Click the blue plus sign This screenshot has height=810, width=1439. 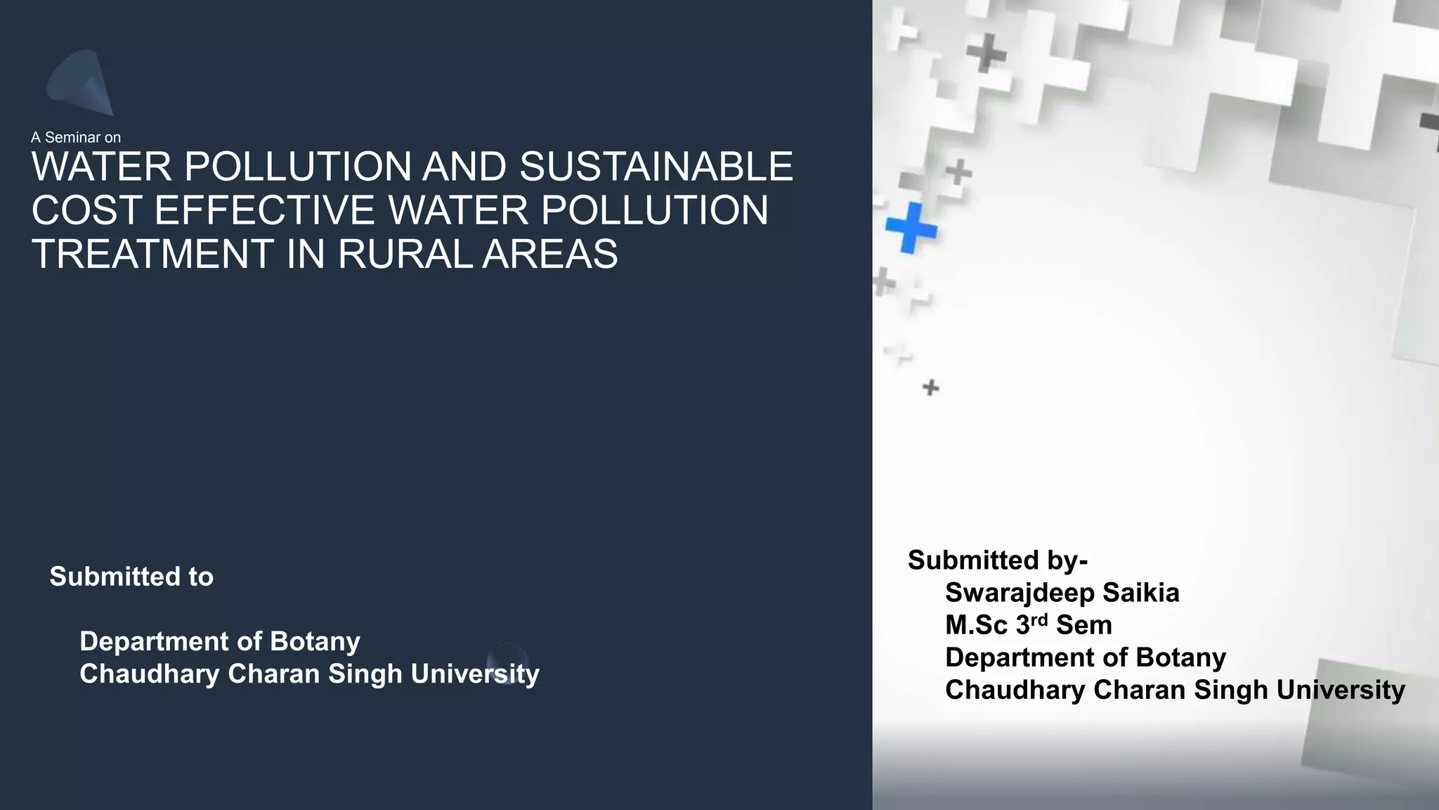(x=911, y=227)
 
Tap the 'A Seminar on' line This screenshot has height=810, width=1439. (x=76, y=137)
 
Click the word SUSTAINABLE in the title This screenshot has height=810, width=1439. (x=656, y=167)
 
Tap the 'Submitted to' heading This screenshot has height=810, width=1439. (x=131, y=577)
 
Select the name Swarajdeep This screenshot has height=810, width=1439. (x=1020, y=593)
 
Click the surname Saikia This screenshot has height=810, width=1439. (x=1140, y=593)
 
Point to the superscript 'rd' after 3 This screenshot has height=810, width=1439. (x=1039, y=619)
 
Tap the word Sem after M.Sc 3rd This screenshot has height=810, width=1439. (x=1084, y=625)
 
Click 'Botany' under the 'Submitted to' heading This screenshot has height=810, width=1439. (x=315, y=641)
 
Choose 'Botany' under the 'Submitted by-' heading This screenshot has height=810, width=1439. (x=1180, y=657)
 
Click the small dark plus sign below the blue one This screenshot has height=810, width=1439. (x=930, y=387)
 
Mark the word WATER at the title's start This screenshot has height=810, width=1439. (x=102, y=167)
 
